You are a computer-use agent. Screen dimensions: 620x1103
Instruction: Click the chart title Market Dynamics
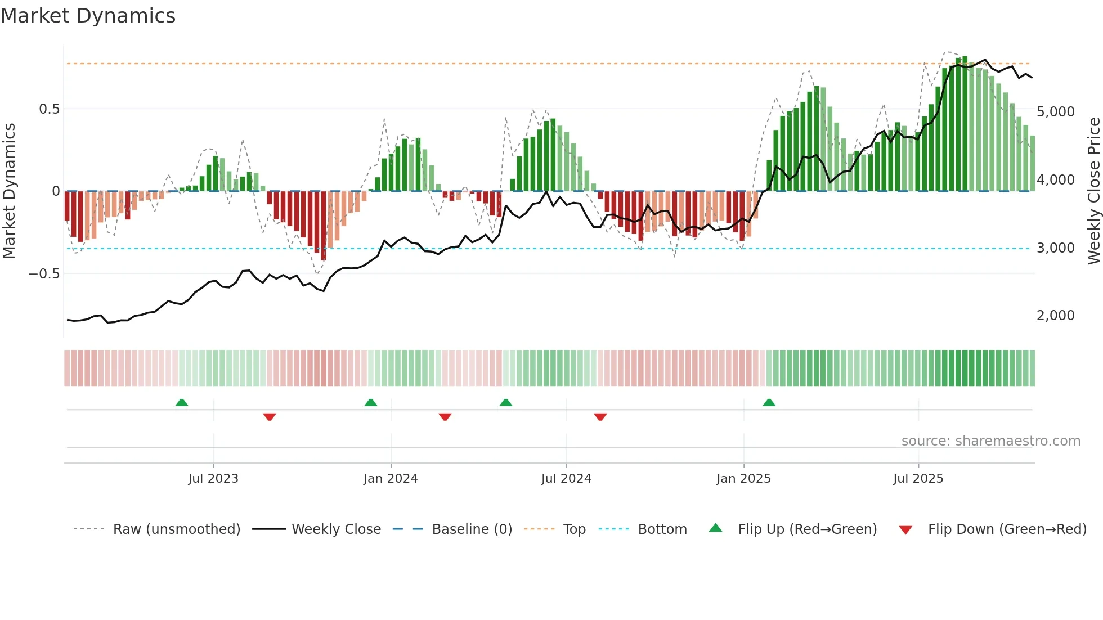(x=88, y=16)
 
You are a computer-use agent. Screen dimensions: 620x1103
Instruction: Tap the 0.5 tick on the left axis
(x=50, y=109)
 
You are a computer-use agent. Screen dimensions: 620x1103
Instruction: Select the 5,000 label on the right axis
(x=1055, y=112)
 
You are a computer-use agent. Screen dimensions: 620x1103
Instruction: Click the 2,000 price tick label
(x=1055, y=316)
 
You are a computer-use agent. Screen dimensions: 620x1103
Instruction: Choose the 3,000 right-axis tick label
(x=1055, y=248)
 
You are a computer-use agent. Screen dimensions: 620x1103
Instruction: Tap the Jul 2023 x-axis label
(x=213, y=479)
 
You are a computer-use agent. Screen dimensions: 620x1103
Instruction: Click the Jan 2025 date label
(x=743, y=479)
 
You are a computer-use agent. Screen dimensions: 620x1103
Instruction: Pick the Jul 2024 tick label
(x=566, y=479)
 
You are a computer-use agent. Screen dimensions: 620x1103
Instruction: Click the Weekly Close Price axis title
(x=1093, y=191)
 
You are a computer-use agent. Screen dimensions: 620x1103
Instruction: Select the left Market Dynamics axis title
(x=9, y=191)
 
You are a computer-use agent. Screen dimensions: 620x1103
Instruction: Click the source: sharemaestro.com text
(x=990, y=441)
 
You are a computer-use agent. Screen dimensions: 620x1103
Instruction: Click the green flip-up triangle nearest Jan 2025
(x=769, y=403)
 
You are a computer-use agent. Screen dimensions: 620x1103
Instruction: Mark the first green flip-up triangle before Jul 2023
(x=181, y=403)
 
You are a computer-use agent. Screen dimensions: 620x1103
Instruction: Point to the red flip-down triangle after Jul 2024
(x=600, y=417)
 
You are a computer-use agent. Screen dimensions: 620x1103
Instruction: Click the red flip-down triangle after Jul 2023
(x=269, y=417)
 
